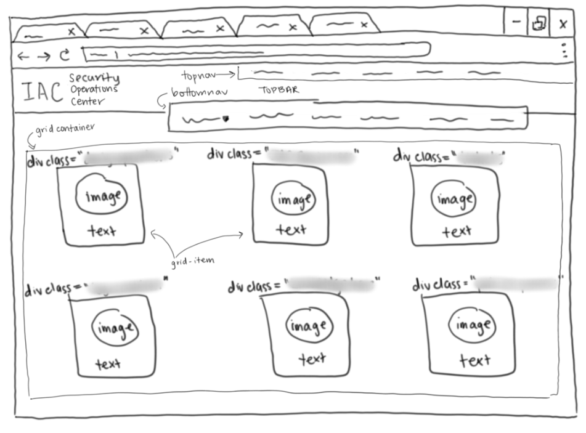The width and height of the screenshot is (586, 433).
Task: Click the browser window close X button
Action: [563, 24]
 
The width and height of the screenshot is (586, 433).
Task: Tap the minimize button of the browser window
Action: [516, 22]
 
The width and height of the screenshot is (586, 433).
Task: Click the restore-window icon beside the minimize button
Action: [539, 23]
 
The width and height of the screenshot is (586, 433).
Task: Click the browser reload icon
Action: [64, 55]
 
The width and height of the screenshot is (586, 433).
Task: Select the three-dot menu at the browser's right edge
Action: [565, 51]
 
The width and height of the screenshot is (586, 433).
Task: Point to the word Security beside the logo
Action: [94, 78]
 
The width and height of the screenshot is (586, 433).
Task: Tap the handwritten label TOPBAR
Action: [279, 90]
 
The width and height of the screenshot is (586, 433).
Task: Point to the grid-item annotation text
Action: [193, 261]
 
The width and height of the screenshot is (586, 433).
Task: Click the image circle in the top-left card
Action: [102, 196]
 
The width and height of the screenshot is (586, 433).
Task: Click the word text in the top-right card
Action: [456, 232]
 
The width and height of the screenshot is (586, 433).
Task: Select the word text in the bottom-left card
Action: [108, 364]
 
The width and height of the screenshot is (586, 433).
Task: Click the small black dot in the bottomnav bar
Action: [226, 119]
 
